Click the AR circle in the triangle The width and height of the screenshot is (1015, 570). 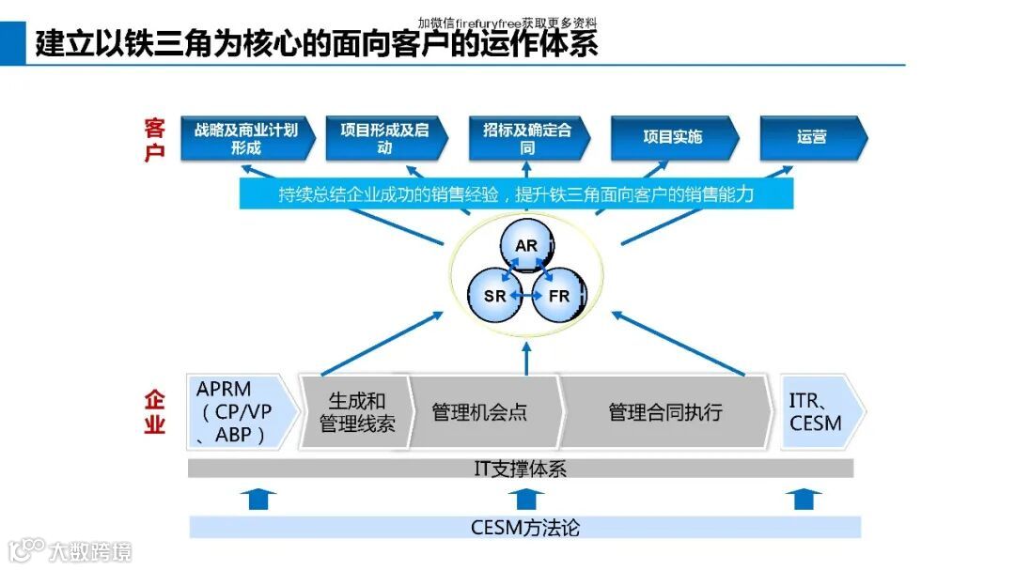(x=525, y=247)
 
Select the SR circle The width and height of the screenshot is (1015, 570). (x=495, y=296)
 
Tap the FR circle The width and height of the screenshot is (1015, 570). (x=558, y=296)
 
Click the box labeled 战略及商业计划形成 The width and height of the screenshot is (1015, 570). (x=245, y=138)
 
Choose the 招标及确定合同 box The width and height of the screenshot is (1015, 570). (x=527, y=138)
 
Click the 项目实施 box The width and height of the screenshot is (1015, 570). (x=672, y=137)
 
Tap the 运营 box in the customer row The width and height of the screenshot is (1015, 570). (x=811, y=137)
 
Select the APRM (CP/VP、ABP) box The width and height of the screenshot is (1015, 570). (x=241, y=412)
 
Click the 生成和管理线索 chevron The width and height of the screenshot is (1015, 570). (x=356, y=412)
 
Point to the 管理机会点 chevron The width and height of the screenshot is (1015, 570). (x=479, y=412)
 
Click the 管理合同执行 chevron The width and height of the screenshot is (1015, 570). (x=665, y=412)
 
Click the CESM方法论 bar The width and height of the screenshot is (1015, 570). (x=524, y=527)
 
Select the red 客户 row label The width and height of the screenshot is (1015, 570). (x=154, y=139)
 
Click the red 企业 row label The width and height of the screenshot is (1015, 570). (x=154, y=412)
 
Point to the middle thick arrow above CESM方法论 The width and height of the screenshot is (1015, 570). (x=523, y=498)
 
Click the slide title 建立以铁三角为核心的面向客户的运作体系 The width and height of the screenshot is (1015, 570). (x=317, y=43)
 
